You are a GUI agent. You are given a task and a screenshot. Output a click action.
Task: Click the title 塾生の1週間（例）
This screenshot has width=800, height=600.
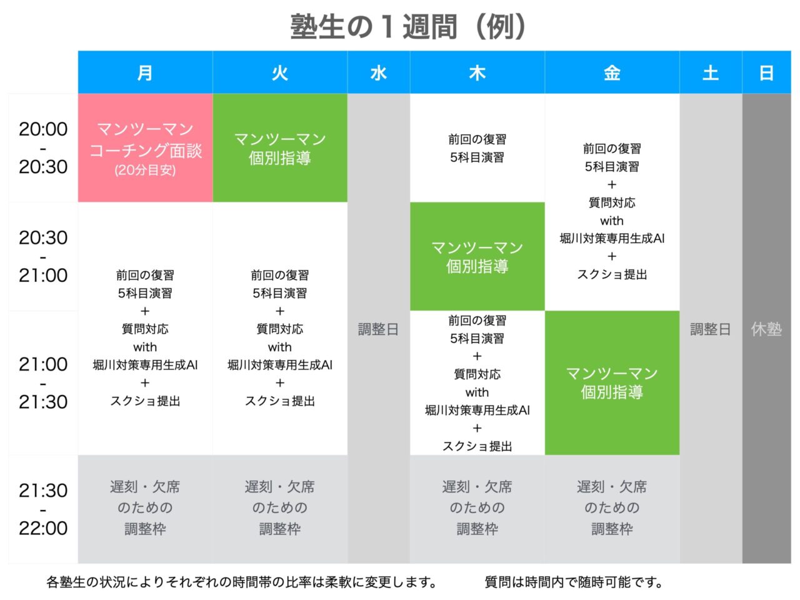[408, 27]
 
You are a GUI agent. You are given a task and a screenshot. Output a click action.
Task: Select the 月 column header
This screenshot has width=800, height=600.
[145, 72]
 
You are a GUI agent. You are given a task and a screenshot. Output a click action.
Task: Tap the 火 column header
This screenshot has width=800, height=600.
[280, 72]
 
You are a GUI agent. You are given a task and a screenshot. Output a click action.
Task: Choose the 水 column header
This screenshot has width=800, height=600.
[379, 72]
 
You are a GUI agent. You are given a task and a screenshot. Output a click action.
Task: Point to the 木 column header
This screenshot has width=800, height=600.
[477, 72]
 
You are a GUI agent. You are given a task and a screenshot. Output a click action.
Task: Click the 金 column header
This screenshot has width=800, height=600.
[612, 72]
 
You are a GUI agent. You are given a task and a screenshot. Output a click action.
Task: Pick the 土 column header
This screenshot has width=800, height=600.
[711, 72]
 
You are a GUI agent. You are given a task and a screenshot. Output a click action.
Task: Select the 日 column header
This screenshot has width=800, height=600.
[767, 72]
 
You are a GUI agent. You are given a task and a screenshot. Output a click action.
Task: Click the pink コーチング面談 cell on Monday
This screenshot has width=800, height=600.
[145, 147]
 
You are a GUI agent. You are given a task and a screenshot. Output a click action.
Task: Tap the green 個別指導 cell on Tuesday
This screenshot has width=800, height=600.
[280, 147]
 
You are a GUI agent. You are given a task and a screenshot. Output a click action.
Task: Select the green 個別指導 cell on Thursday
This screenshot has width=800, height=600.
[477, 256]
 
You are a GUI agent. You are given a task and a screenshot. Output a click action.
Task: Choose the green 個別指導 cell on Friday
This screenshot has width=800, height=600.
[612, 382]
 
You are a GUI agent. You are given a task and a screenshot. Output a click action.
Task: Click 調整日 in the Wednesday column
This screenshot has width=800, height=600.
[378, 329]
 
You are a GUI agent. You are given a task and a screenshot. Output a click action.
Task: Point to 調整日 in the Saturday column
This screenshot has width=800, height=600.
[711, 329]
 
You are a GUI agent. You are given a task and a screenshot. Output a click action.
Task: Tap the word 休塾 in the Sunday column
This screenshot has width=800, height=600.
[766, 329]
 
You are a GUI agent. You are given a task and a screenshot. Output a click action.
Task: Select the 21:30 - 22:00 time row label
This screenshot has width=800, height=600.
[43, 509]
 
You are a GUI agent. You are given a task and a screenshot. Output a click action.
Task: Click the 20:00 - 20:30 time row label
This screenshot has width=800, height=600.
[43, 147]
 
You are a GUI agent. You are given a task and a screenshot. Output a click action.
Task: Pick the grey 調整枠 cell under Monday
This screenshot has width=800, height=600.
[145, 509]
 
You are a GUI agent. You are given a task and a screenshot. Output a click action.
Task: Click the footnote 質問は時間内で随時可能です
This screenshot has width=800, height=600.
[573, 582]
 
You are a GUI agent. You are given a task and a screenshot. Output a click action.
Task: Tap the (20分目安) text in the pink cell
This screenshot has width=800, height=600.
[145, 170]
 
